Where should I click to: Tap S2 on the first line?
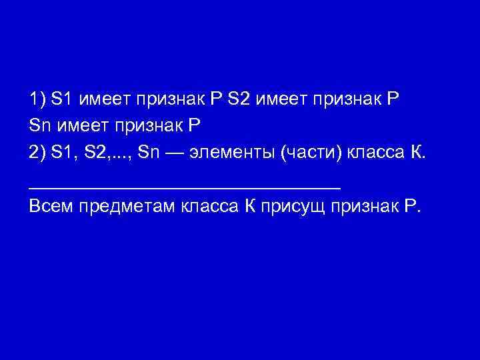click(238, 100)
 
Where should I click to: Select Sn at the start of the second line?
click(39, 126)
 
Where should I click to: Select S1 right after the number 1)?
click(61, 100)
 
